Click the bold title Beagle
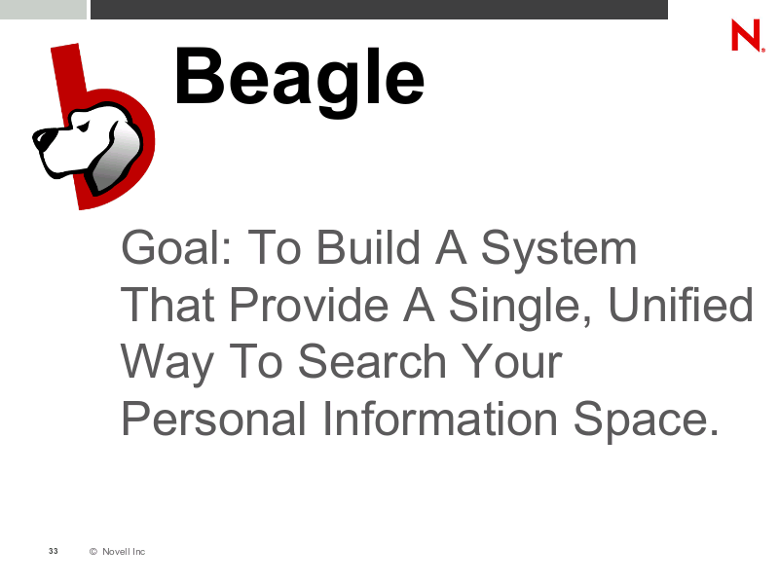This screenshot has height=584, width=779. coord(299,81)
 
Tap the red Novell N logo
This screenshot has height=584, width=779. coord(747,35)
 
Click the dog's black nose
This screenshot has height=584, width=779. coord(40,136)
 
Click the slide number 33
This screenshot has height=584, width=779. coord(54,551)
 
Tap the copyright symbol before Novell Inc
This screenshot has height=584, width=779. coord(93,551)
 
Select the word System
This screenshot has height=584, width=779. coord(558,248)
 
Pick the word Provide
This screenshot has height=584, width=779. coord(309,305)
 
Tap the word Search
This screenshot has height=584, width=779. coord(372,361)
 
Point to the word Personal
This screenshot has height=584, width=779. coord(213,419)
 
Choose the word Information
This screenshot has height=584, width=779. coord(440,419)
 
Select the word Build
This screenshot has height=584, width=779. coord(368,247)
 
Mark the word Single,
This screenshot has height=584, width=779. coord(520,307)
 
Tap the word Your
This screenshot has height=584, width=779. coord(512,361)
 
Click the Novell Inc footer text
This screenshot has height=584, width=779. coord(124,551)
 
